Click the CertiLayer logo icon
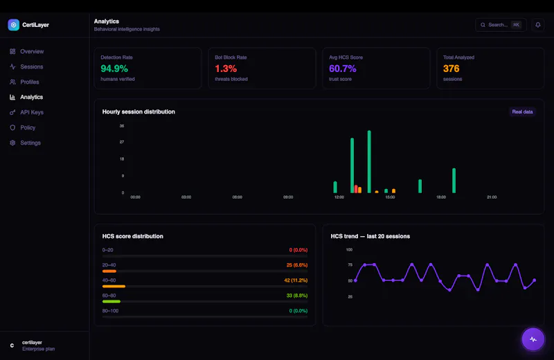(13, 25)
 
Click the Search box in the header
(501, 25)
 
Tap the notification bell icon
(538, 25)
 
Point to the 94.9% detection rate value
(114, 69)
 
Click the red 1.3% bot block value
(226, 69)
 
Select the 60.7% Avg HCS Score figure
(343, 69)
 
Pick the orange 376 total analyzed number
(452, 69)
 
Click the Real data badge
(522, 111)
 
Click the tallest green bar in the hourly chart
(369, 162)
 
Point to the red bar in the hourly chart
(356, 189)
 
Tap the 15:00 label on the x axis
(390, 197)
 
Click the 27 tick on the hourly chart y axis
(122, 142)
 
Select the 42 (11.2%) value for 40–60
(296, 280)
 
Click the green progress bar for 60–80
(111, 301)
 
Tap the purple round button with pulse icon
(533, 339)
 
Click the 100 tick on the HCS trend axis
(349, 249)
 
